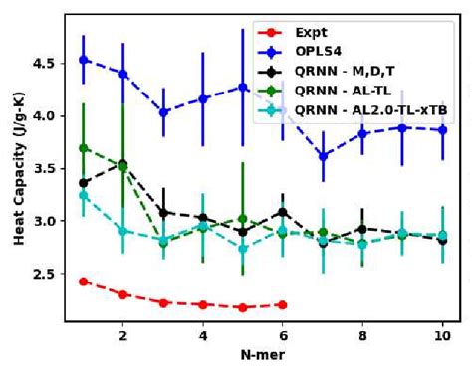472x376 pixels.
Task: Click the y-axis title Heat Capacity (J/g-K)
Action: pos(19,174)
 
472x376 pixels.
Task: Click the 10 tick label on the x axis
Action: pos(443,336)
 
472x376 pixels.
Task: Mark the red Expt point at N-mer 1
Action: pos(84,282)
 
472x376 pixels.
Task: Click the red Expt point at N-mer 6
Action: pos(283,304)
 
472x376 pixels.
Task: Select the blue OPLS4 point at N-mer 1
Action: pos(84,60)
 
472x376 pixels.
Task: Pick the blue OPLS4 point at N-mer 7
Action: pos(323,155)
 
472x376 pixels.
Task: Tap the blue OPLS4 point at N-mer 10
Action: pos(443,130)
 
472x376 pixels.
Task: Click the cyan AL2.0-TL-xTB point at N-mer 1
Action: pos(84,195)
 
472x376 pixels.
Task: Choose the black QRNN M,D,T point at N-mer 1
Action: pos(84,183)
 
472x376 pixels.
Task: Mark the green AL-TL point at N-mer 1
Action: pos(84,148)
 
